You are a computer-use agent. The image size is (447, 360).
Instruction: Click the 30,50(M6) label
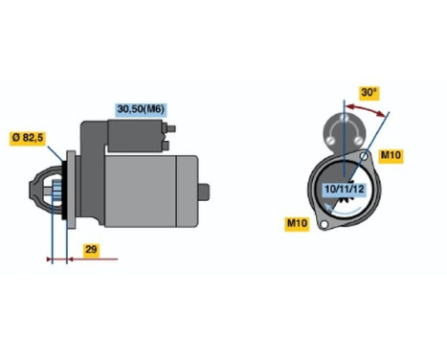[140, 109]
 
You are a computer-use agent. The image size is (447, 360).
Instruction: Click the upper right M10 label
[391, 155]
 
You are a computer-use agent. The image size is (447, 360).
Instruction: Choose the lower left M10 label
[299, 224]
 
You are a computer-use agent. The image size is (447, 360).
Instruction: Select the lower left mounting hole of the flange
[324, 225]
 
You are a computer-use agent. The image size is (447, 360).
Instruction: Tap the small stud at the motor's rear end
[204, 191]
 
